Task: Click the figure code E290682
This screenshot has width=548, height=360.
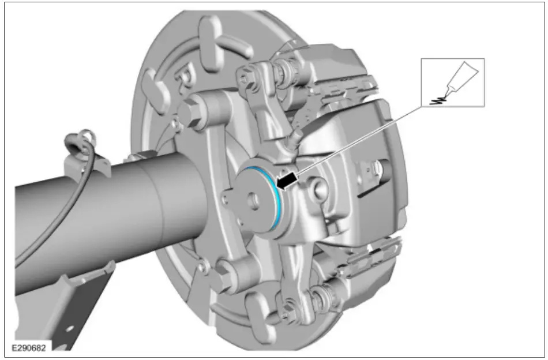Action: [x=29, y=348]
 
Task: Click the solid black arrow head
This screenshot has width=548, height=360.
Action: [x=287, y=181]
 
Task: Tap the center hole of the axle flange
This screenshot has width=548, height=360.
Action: [x=254, y=200]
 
